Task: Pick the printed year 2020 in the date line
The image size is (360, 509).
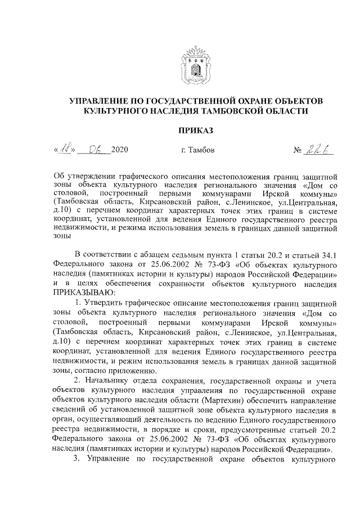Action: click(x=120, y=151)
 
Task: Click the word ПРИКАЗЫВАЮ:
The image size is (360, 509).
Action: click(x=83, y=293)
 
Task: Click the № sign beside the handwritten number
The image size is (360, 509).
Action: click(x=298, y=151)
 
